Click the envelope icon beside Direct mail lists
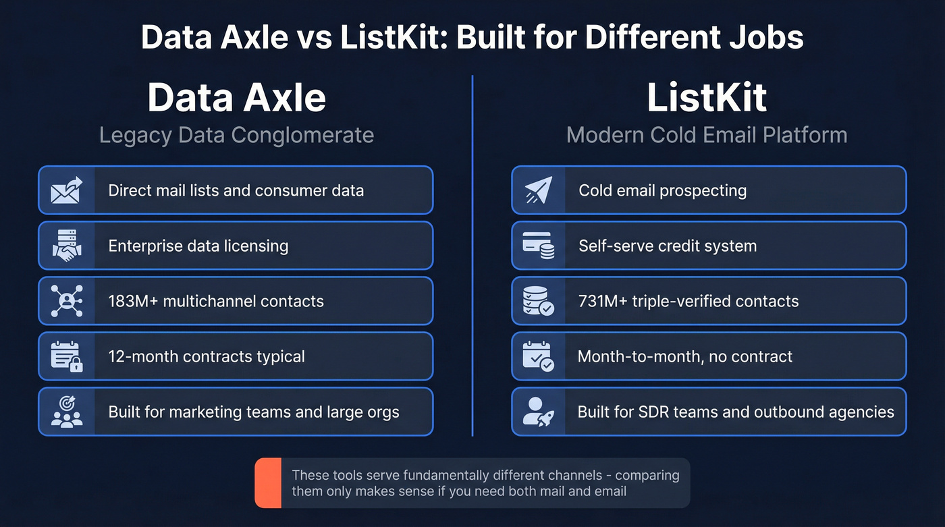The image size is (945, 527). [x=66, y=190]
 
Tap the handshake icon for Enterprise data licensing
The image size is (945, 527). [x=66, y=246]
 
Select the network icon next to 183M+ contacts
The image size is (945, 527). [x=66, y=301]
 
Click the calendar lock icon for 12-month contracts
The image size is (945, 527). [x=66, y=356]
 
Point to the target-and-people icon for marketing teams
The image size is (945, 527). [x=66, y=412]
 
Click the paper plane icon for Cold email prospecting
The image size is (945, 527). [x=539, y=190]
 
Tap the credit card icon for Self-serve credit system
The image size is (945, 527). [x=539, y=246]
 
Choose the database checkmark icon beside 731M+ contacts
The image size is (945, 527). [x=539, y=301]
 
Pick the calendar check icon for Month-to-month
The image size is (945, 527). [x=539, y=356]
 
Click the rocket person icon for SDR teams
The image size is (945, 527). [x=539, y=412]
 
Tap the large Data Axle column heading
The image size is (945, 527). [x=236, y=98]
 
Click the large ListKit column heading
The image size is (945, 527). [x=707, y=98]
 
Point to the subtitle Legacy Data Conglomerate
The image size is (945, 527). [x=236, y=135]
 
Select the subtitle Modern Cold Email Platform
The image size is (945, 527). [x=707, y=135]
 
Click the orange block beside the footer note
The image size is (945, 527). [x=268, y=483]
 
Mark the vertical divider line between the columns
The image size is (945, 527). [x=473, y=256]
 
